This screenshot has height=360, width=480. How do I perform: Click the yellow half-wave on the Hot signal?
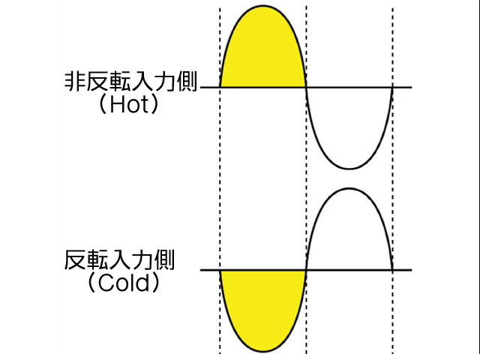262,52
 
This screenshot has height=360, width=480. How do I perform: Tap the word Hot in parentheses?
130,105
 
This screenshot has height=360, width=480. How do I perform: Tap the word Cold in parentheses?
130,284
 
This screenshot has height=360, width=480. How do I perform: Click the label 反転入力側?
120,262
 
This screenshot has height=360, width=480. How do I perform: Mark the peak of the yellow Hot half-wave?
262,6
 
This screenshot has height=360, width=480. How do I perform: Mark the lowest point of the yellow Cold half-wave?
262,352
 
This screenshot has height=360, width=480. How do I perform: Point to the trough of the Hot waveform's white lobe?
349,169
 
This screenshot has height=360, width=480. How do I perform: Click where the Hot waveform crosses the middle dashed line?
307,88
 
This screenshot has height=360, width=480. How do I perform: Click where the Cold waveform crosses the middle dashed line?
307,270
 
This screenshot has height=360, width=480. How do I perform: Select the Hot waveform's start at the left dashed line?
220,88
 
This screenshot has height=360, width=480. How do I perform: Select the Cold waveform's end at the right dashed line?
393,270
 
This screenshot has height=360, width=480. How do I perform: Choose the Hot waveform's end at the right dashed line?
393,88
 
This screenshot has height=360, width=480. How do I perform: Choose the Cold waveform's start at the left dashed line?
220,270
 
